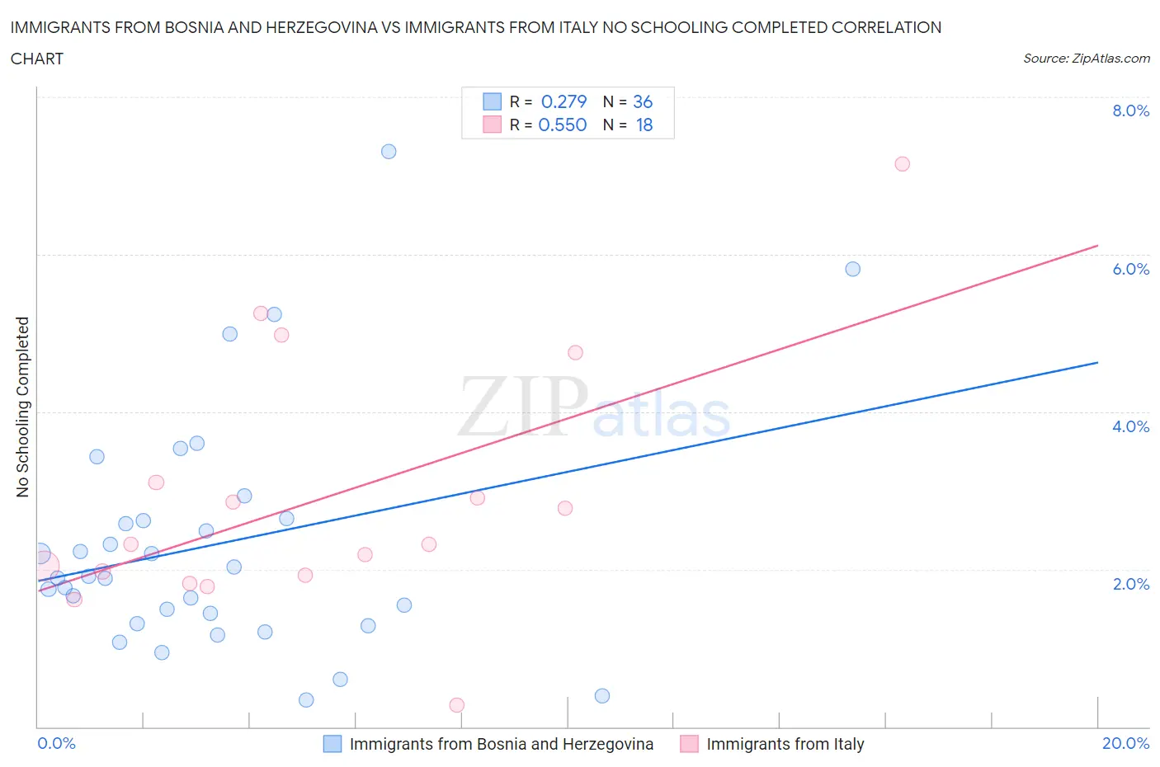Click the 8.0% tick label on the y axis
(x=1130, y=111)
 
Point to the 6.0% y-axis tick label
(x=1130, y=269)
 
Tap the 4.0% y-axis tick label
(x=1130, y=426)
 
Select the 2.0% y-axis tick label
(x=1130, y=584)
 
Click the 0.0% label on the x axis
(x=56, y=743)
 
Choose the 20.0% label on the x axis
(x=1125, y=743)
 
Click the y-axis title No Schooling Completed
(x=22, y=407)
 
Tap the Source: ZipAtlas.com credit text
(x=1086, y=59)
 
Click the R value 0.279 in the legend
(x=563, y=101)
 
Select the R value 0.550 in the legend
(x=562, y=125)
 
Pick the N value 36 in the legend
(x=642, y=101)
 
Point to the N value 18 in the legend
(x=644, y=125)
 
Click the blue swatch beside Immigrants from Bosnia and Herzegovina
(x=332, y=744)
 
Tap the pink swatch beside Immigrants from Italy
(x=689, y=744)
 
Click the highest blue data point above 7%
(x=389, y=152)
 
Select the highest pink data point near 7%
(x=902, y=164)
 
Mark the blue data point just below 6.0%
(x=852, y=269)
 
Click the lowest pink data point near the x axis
(x=456, y=705)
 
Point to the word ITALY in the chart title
(x=597, y=27)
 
